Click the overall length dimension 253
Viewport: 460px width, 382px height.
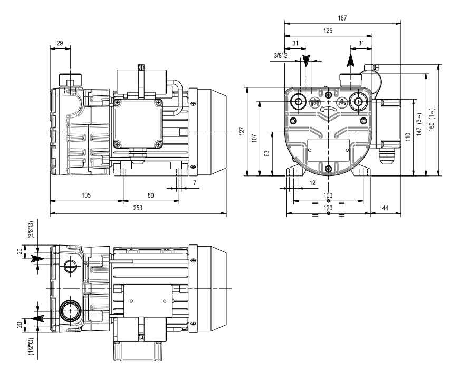[x=138, y=208]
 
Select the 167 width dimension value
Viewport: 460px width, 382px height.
[x=342, y=18]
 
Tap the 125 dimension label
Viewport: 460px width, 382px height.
[x=328, y=31]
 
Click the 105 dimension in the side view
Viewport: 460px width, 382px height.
[x=86, y=195]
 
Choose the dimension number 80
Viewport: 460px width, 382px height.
[x=150, y=195]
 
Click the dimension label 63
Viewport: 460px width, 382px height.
[x=267, y=153]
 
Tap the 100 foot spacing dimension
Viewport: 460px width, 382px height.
[x=328, y=195]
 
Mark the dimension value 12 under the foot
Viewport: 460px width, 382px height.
[x=312, y=182]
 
